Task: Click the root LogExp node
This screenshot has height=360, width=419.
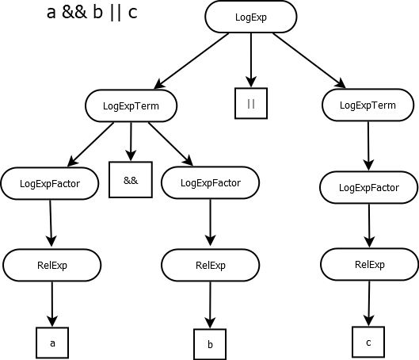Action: click(251, 16)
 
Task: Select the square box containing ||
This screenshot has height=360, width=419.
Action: click(251, 103)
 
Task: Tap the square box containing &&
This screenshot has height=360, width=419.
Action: click(131, 180)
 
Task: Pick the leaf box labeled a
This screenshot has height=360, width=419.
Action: click(52, 343)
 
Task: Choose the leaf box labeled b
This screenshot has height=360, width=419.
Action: click(210, 345)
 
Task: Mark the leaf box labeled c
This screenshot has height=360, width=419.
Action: click(368, 342)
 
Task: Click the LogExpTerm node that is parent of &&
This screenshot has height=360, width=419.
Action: click(131, 105)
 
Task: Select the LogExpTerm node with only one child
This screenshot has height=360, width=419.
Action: click(368, 105)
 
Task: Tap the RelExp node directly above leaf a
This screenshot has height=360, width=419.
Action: click(52, 265)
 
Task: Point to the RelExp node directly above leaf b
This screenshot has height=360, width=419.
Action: click(210, 265)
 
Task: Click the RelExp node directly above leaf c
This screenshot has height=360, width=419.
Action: click(369, 265)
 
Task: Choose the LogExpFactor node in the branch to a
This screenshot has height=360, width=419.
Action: click(51, 183)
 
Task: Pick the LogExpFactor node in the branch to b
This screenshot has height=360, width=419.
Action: click(210, 183)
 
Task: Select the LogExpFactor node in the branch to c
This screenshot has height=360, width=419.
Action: click(368, 188)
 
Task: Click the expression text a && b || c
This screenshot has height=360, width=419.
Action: click(92, 13)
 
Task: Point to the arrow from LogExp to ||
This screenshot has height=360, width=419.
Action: click(251, 59)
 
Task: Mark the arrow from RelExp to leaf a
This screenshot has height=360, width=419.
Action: click(52, 303)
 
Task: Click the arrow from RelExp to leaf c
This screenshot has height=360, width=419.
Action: click(368, 303)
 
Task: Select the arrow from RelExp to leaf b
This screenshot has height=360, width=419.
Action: click(210, 304)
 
